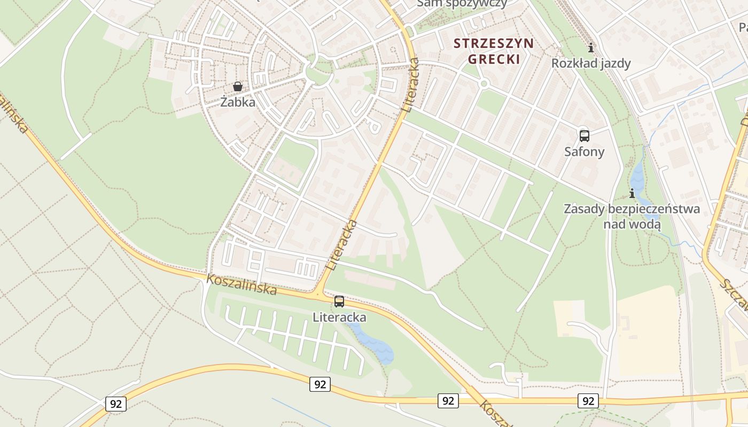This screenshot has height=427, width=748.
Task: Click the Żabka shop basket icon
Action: click(x=238, y=86)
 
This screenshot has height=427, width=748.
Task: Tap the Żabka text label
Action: click(x=238, y=102)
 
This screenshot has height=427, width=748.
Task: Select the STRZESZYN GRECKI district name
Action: click(x=493, y=51)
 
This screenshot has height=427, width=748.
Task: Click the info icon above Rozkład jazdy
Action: click(x=590, y=48)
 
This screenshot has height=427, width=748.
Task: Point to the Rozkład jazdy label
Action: click(x=591, y=64)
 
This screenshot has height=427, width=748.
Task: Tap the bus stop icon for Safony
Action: click(x=584, y=136)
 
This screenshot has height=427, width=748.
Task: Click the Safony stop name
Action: click(x=584, y=152)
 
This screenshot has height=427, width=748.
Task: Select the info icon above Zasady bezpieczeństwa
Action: click(x=632, y=193)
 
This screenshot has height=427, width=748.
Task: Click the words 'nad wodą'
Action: click(x=632, y=224)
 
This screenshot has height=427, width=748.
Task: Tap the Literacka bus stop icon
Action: click(x=339, y=302)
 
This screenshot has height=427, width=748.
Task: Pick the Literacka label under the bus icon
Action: click(x=339, y=318)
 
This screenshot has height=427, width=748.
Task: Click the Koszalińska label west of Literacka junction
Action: click(x=241, y=284)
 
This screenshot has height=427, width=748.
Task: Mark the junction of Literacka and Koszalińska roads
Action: click(x=318, y=294)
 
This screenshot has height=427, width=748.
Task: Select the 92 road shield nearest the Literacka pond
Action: click(x=320, y=384)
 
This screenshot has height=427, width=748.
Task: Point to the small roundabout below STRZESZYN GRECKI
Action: click(x=484, y=84)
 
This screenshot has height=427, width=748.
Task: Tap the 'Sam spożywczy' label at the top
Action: click(x=462, y=3)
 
